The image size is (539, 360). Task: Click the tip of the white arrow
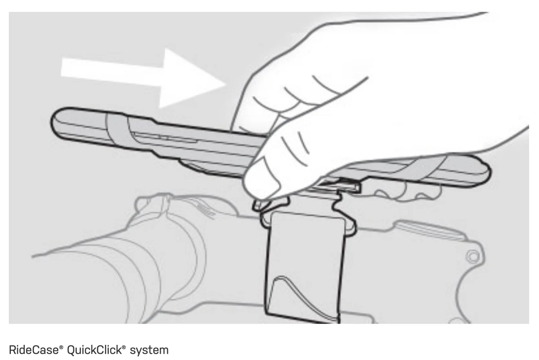point(225,84)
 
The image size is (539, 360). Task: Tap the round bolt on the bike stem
point(473,256)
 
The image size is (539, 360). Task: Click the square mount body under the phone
point(305,267)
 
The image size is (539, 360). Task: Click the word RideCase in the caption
point(34,350)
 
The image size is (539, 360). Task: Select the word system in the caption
point(149,351)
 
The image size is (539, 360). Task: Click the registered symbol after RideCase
point(61,347)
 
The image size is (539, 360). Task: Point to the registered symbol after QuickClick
point(124,347)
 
